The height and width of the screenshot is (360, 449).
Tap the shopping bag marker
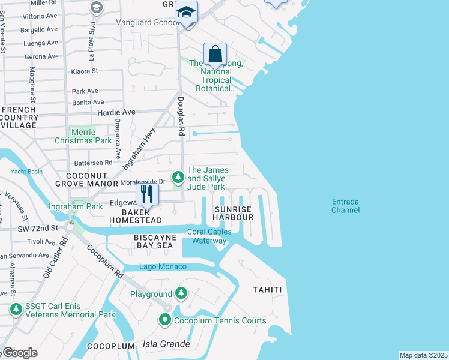coord(215,54)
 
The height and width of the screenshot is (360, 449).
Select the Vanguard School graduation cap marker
coord(187,12)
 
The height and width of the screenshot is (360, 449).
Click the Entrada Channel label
coord(345,206)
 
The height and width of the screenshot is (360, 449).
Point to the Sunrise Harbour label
coord(234,212)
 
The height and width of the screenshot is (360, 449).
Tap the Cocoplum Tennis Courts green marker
coord(166,320)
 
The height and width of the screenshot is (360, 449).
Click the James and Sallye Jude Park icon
coord(178,177)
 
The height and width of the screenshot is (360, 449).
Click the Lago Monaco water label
coord(163,266)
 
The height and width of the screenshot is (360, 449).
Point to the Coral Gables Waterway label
coord(208,236)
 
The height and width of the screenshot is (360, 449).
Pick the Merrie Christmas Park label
coord(91,136)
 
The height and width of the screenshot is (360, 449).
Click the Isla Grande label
coord(166,344)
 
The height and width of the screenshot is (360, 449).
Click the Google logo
coord(19,353)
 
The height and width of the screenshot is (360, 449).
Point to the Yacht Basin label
coord(26,172)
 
